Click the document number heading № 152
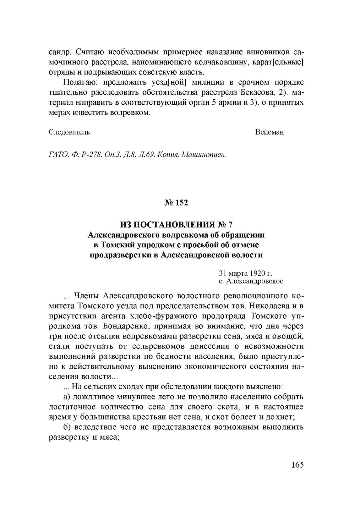[x=176, y=203]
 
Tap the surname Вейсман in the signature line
[x=270, y=132]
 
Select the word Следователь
[x=69, y=132]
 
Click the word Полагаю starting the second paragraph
[x=77, y=83]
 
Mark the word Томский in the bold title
[x=117, y=245]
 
